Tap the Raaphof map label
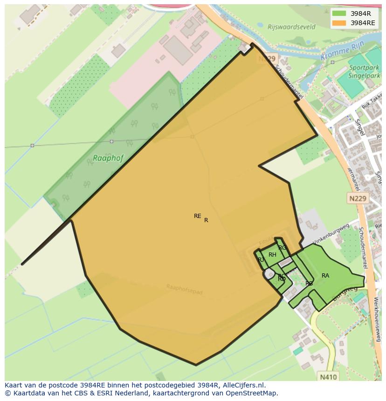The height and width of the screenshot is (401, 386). click(x=108, y=158)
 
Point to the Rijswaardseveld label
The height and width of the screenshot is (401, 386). click(x=291, y=27)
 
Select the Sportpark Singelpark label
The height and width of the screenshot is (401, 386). click(x=364, y=68)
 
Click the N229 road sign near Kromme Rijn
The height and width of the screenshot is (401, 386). click(x=267, y=59)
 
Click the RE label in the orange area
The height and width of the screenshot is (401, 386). click(x=198, y=216)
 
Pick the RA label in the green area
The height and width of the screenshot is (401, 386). click(x=325, y=276)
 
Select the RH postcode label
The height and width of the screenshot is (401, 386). click(x=272, y=255)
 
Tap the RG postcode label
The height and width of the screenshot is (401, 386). click(x=282, y=248)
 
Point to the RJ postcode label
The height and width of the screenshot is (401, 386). click(x=261, y=260)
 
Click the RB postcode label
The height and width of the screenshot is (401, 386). click(x=309, y=284)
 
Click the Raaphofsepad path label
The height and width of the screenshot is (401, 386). click(x=185, y=289)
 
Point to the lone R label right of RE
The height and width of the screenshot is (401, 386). click(x=206, y=220)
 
